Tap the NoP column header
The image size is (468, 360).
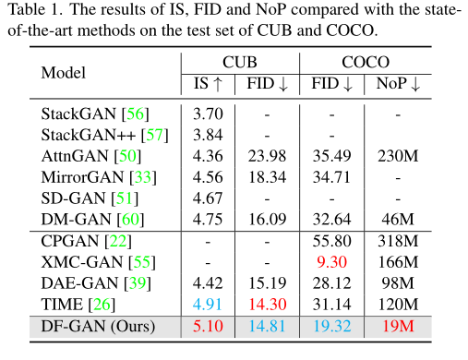(398, 85)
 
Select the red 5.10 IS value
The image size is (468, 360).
(206, 325)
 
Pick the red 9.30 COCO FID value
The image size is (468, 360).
(330, 262)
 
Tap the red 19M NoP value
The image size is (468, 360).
(398, 325)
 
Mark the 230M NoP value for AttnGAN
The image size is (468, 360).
(398, 155)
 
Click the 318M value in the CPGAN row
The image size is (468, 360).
(398, 242)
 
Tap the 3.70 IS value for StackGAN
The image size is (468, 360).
(206, 114)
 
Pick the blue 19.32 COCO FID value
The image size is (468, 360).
(330, 325)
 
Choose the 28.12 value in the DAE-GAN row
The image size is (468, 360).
(330, 282)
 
